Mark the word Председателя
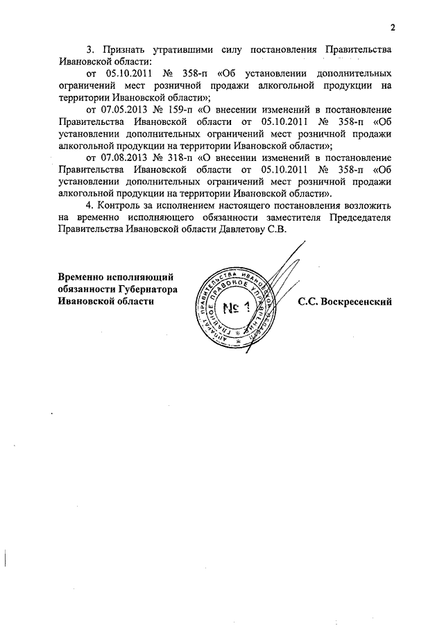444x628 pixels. pos(356,219)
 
